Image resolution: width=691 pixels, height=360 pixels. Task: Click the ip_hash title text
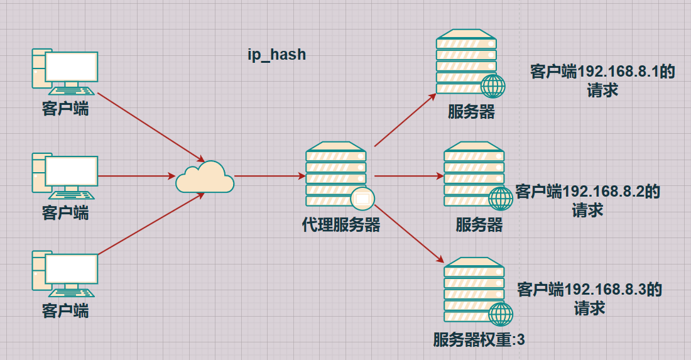click(276, 55)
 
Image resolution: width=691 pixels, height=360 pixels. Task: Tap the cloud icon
click(204, 178)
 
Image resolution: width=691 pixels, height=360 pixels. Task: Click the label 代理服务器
click(341, 225)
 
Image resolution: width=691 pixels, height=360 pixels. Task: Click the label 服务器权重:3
click(479, 341)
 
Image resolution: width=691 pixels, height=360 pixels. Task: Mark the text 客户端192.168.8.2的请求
click(588, 200)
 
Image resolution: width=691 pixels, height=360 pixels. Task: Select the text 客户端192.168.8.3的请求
click(589, 298)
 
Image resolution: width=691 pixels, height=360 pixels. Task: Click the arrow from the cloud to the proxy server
click(269, 177)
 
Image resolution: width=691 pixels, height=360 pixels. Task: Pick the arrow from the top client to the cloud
click(151, 126)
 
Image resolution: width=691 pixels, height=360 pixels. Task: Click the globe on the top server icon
click(493, 85)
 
